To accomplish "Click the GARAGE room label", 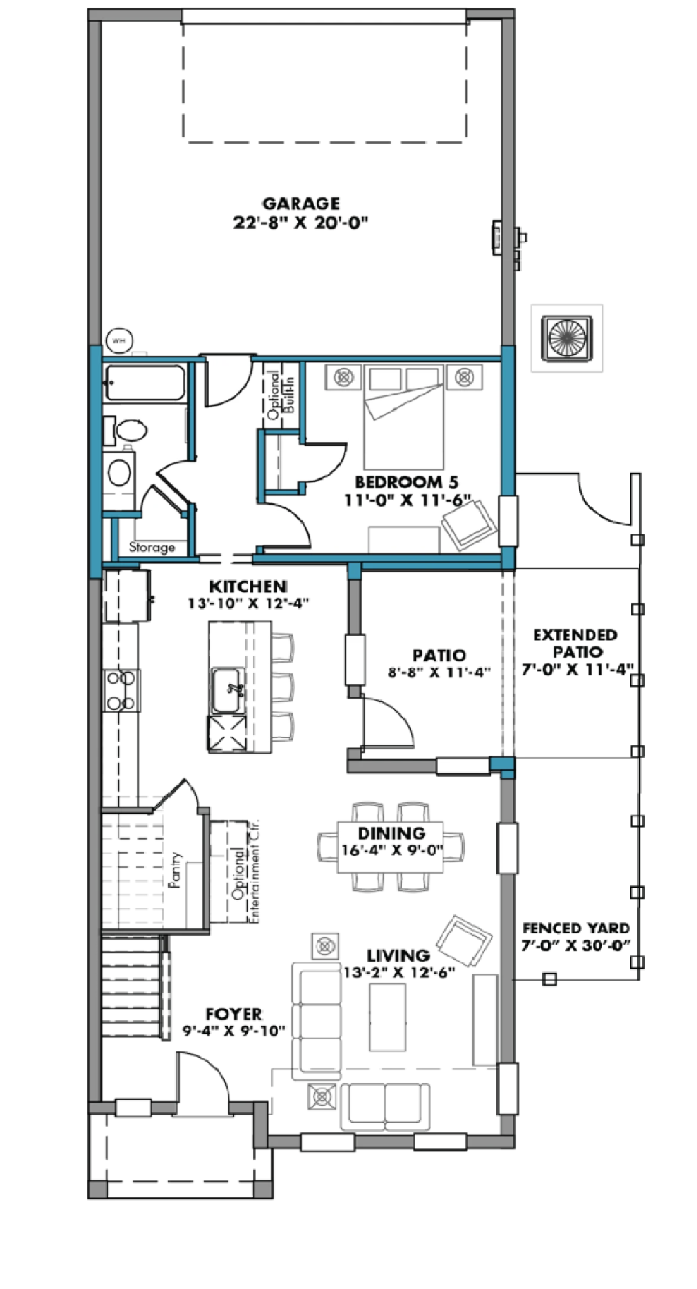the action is (300, 203).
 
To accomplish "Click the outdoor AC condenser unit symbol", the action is (567, 338).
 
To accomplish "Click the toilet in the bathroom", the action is (127, 431).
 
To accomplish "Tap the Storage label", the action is (152, 547).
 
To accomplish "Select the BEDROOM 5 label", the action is (406, 482).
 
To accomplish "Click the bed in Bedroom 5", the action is (405, 417).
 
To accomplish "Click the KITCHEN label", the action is (248, 586).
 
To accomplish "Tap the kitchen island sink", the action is (229, 691).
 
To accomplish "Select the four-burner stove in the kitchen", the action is (122, 690).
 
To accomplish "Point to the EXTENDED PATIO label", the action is (575, 643).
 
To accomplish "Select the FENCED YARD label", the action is (575, 928).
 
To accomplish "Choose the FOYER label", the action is (233, 1014).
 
